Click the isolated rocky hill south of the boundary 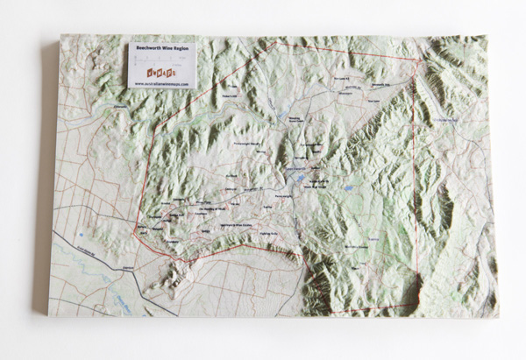[x=179, y=277]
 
